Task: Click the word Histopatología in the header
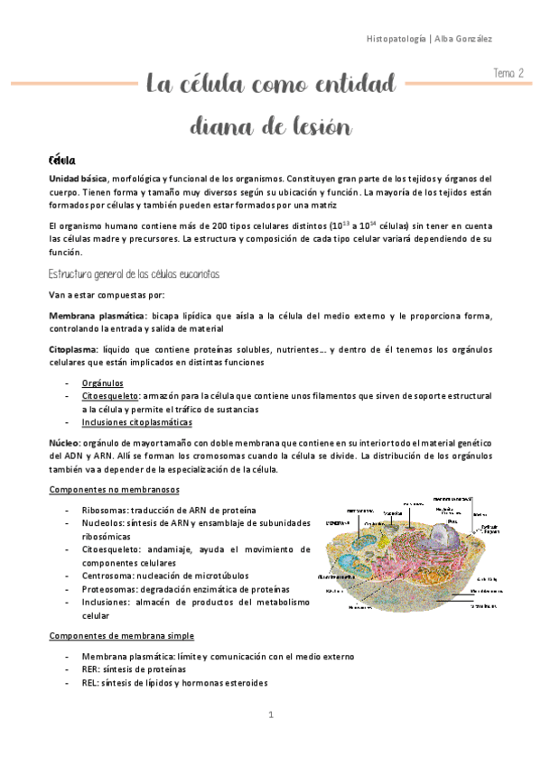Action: coord(401,39)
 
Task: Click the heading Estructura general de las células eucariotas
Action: coord(134,273)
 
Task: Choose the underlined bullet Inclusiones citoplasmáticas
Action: coord(136,422)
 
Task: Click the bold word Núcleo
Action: coord(64,443)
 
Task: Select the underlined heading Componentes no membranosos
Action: coord(114,489)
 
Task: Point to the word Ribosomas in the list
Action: coord(105,511)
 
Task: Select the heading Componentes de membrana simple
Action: coord(120,635)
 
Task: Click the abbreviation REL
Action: coord(91,683)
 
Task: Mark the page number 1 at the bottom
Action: coord(270,715)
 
